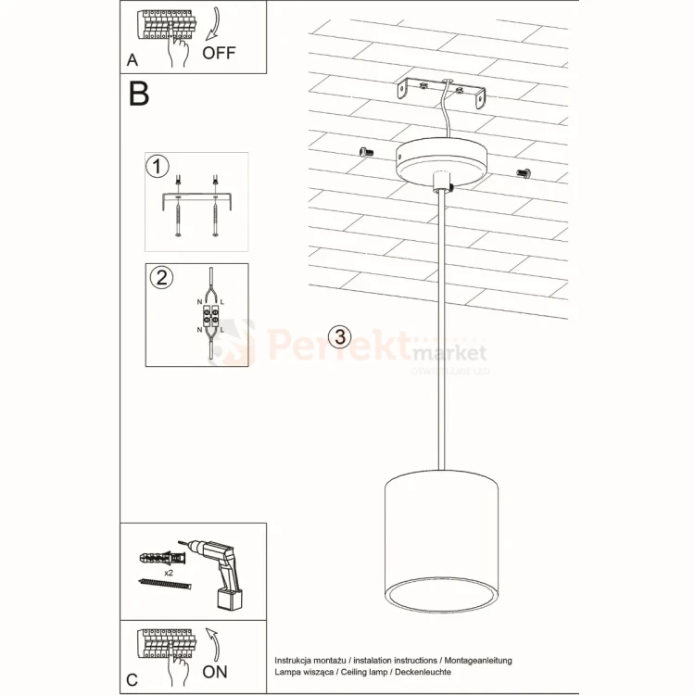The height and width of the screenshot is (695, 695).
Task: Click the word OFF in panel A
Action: coord(220,52)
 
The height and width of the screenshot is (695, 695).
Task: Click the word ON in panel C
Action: coord(214,672)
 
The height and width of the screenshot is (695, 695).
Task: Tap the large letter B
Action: coord(139,94)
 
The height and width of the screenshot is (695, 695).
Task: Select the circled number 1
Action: coord(158,167)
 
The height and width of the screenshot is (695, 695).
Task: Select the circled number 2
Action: coord(160,277)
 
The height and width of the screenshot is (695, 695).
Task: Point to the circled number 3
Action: coord(341,337)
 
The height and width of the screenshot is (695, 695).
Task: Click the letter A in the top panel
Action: coord(133,61)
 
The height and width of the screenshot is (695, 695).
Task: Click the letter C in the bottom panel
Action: coord(132,680)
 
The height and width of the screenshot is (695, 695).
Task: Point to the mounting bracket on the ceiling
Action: coord(441,92)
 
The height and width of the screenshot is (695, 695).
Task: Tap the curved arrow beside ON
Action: coord(213,642)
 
